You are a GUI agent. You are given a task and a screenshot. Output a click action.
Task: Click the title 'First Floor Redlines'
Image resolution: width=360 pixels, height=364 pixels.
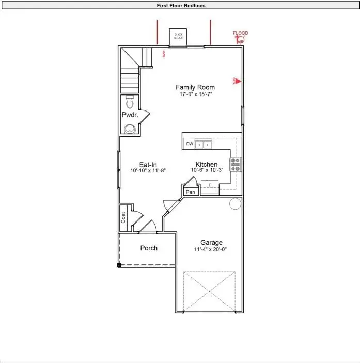(x=181, y=5)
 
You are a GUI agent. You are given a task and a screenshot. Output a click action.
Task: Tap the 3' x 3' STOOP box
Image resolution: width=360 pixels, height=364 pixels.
(x=179, y=37)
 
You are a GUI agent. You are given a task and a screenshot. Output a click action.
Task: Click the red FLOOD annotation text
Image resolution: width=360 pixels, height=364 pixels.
(x=241, y=33)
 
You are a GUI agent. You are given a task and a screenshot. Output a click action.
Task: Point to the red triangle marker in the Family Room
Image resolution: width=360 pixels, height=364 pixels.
(x=239, y=81)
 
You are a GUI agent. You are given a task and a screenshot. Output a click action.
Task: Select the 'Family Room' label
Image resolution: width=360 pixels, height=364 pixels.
(x=195, y=87)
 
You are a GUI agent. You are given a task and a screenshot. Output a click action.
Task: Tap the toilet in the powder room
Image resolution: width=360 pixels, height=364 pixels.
(x=130, y=100)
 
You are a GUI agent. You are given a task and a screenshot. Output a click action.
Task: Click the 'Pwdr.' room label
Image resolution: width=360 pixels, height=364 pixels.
(x=129, y=115)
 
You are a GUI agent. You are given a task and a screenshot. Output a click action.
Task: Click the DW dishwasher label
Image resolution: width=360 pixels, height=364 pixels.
(x=190, y=144)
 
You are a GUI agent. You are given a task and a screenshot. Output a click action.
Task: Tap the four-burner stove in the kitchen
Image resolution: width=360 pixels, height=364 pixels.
(x=235, y=165)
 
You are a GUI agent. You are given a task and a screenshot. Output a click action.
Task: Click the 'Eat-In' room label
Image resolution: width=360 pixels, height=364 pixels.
(x=148, y=165)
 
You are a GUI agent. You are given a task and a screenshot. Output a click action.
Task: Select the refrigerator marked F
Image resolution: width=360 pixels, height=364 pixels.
(x=209, y=185)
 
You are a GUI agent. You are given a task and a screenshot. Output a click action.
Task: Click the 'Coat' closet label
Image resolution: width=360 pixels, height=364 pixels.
(x=124, y=218)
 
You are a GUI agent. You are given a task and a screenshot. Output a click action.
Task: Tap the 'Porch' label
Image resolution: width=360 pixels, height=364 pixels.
(x=149, y=248)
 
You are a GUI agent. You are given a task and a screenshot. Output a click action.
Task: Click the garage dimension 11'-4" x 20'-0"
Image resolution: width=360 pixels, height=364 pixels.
(x=211, y=249)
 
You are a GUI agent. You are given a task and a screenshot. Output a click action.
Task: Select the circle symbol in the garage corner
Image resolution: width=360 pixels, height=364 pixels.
(x=235, y=204)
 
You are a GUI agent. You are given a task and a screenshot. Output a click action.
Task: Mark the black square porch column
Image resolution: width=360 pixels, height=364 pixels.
(x=119, y=265)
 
